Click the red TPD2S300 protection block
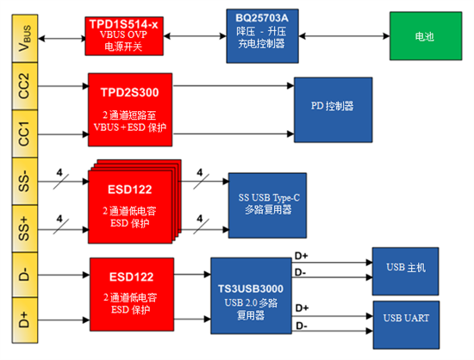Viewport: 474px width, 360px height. [x=131, y=109]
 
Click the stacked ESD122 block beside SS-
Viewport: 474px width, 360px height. [x=129, y=203]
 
